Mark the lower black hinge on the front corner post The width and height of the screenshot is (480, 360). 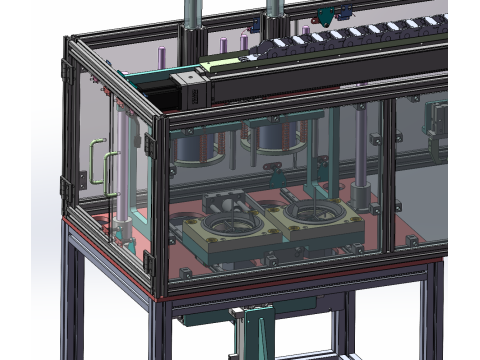click(x=151, y=262)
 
